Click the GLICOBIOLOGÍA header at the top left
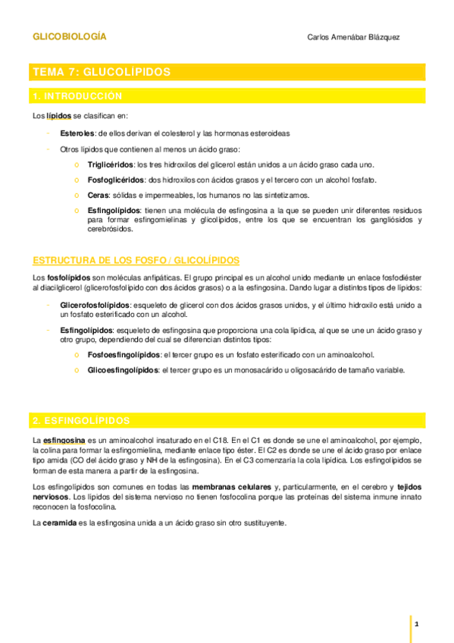[70, 36]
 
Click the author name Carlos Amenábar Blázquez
[354, 37]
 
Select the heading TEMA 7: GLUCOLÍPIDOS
[101, 72]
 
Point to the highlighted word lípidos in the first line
[59, 116]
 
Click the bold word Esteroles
[77, 133]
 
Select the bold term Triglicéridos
[109, 164]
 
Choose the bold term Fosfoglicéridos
[114, 180]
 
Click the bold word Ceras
[98, 195]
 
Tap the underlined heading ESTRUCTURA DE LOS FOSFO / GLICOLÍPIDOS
[136, 260]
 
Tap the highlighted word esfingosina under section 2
[64, 440]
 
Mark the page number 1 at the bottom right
[417, 623]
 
